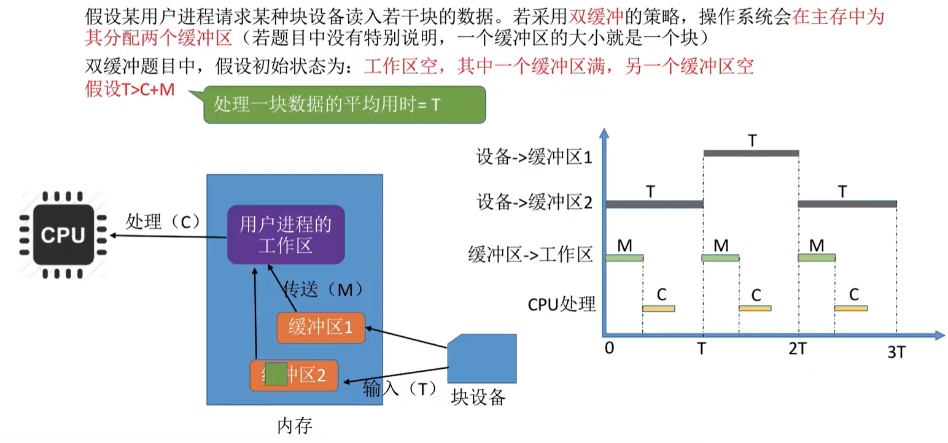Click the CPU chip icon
63,234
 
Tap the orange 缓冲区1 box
321,328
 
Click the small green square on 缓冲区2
275,374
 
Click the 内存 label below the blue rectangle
295,425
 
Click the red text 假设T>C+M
130,90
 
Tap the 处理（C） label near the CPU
163,220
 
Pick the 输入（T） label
398,388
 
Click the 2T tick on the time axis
797,349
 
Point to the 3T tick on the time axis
897,352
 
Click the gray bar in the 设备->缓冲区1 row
750,153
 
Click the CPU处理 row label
561,303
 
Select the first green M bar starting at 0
624,258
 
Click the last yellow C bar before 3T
850,308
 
